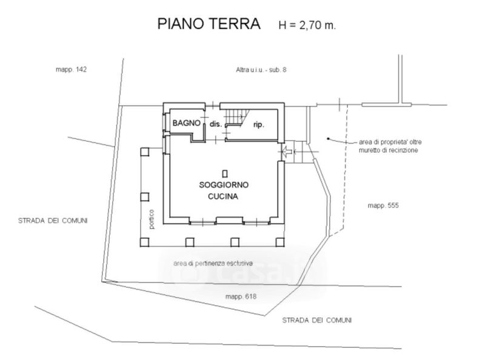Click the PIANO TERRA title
coord(209,24)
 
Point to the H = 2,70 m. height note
coord(306,25)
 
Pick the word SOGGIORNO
coord(224,184)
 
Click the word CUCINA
coord(224,196)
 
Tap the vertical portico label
coord(152,219)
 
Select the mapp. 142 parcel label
coord(72,70)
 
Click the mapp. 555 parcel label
coord(383,205)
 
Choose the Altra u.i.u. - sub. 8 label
coord(261,70)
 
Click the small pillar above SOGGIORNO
coord(224,172)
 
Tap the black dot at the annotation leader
coord(328,139)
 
